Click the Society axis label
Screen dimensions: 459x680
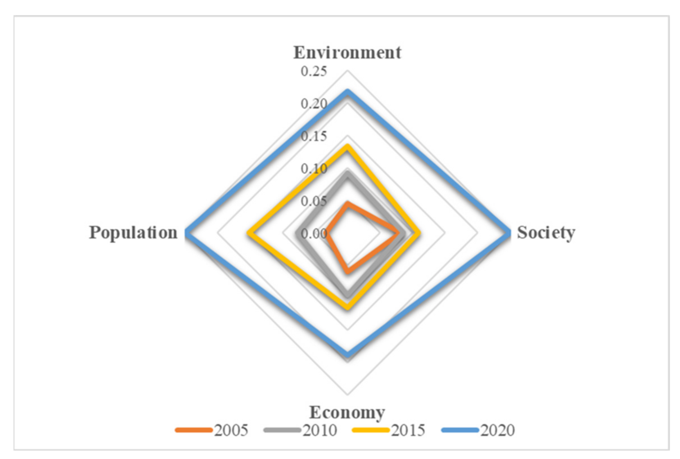coord(546,233)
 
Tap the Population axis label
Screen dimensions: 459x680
coord(133,233)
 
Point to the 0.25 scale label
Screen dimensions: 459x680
coord(314,72)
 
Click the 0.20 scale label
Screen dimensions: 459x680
coord(314,104)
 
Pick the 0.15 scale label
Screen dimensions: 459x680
coord(314,136)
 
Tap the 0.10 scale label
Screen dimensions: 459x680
coord(314,169)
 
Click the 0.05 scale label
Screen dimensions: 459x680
coord(314,201)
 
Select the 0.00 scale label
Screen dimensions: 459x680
coord(314,234)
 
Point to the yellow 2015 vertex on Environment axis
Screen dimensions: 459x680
coord(347,146)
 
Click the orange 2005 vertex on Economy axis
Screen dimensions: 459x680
coord(348,272)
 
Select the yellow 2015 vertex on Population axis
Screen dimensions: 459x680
coord(249,233)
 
